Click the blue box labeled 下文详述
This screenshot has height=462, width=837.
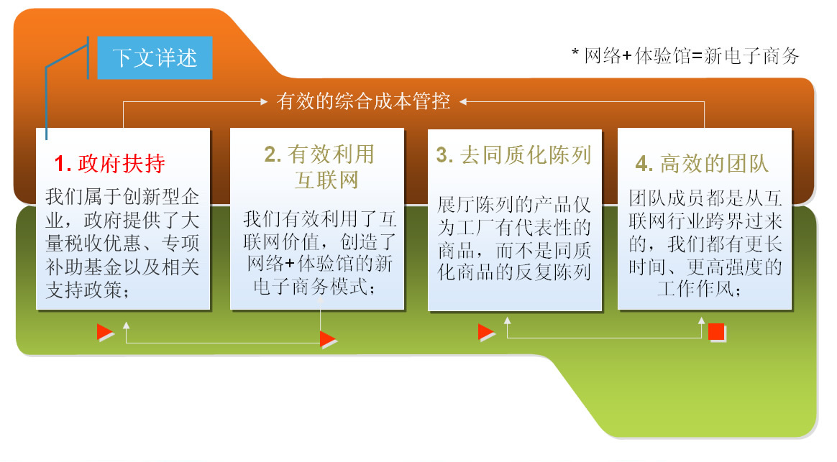tap(155, 57)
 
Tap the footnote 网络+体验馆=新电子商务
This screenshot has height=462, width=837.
tap(691, 56)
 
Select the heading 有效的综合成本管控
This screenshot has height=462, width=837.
tap(363, 101)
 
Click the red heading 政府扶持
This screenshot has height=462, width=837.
tap(122, 163)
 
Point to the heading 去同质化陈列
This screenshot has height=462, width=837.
tap(526, 154)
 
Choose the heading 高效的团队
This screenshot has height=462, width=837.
tap(714, 163)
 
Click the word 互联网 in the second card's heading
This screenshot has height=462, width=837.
tap(326, 180)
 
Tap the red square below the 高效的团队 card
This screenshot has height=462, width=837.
tap(716, 332)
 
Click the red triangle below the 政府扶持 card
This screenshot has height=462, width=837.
tap(105, 332)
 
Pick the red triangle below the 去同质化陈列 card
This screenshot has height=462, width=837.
tap(486, 332)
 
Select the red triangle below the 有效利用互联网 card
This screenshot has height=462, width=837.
tap(328, 339)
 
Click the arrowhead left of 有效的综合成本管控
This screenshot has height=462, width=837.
tap(263, 101)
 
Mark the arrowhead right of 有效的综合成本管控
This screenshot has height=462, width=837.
tap(463, 101)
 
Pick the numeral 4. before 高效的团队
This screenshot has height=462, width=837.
tap(644, 164)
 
